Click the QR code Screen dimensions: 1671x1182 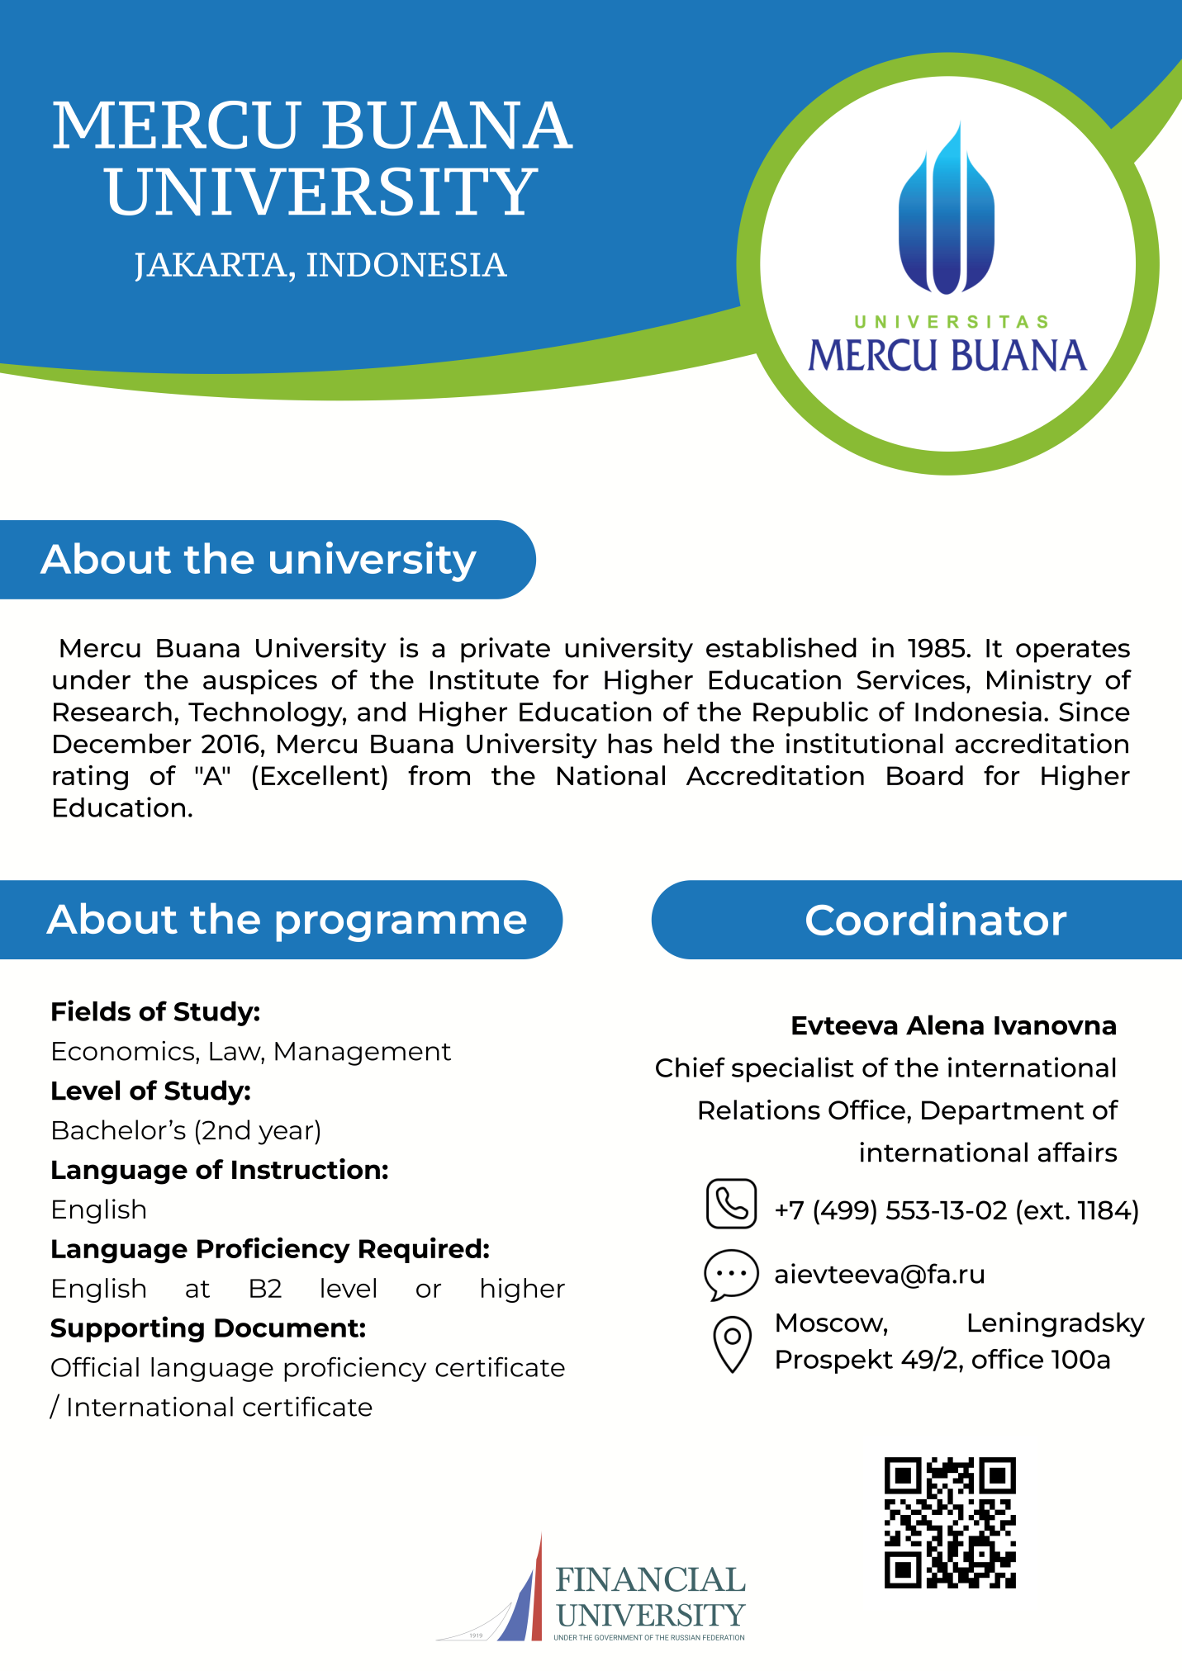[950, 1522]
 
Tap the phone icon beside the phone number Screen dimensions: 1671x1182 [731, 1204]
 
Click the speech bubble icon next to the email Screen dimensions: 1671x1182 [731, 1274]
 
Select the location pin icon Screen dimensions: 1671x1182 [732, 1343]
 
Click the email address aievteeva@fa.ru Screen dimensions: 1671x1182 [880, 1275]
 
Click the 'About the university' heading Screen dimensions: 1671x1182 [259, 560]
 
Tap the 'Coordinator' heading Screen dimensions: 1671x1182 [936, 921]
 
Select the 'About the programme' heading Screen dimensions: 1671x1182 [287, 920]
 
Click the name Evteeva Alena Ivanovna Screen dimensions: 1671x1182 [953, 1025]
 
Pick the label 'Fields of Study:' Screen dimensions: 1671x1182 [155, 1011]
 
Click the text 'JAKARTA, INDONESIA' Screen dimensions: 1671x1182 [320, 265]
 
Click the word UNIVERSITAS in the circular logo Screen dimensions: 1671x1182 [951, 322]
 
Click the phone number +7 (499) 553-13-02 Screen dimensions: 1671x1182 [890, 1210]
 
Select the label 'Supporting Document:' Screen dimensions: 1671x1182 [208, 1328]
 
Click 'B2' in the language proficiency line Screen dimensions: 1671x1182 [265, 1289]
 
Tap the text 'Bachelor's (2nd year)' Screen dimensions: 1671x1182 [186, 1130]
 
